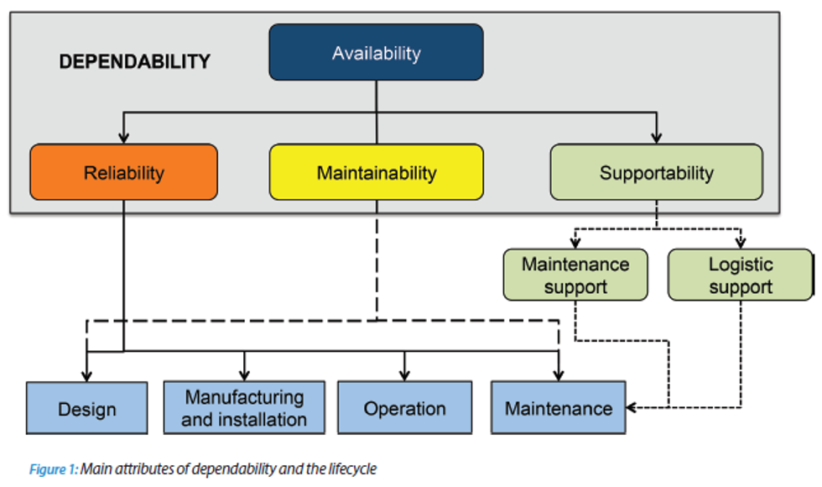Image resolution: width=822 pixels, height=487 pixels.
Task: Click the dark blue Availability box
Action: (x=376, y=52)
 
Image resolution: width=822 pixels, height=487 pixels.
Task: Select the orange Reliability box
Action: (x=123, y=172)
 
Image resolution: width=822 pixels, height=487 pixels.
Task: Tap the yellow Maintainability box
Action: (x=376, y=172)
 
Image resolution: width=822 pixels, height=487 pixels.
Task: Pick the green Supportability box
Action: (x=656, y=172)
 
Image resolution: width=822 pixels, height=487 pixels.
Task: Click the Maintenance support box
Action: (x=575, y=275)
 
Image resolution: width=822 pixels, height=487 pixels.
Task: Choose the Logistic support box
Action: (x=740, y=275)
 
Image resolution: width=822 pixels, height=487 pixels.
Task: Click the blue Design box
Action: (x=86, y=408)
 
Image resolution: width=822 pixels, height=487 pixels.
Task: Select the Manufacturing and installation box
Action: (x=244, y=407)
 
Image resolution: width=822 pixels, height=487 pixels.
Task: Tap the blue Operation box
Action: (x=404, y=408)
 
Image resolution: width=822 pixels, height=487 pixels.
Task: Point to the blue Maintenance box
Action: (x=558, y=408)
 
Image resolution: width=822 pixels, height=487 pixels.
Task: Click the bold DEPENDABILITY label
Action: (x=134, y=61)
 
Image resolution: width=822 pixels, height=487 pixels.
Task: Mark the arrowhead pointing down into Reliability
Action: (x=123, y=137)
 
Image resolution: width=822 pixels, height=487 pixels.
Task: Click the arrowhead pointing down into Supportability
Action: (x=656, y=137)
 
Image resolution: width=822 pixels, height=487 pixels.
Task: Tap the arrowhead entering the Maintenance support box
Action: (x=575, y=243)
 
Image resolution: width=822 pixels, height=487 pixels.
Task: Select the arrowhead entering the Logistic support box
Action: (x=740, y=243)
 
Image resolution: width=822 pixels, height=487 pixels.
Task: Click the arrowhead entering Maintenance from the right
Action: (x=632, y=408)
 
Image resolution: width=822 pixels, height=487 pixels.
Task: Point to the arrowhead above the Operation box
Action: (x=404, y=375)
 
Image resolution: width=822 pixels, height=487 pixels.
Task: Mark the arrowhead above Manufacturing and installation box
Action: (x=244, y=375)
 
